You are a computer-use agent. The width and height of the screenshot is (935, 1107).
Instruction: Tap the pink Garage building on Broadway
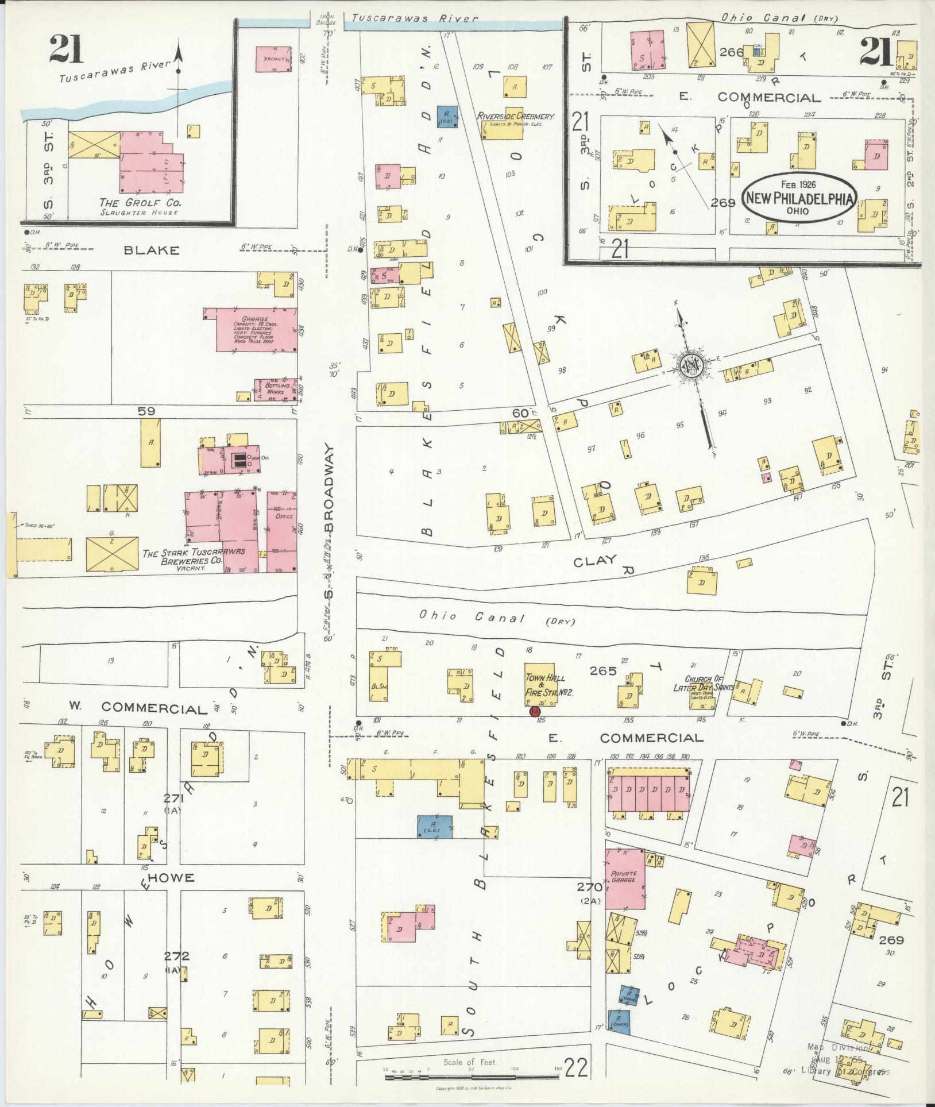(257, 329)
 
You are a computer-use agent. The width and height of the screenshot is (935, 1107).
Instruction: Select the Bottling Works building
(277, 389)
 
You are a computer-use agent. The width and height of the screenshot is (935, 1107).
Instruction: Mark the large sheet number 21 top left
(66, 50)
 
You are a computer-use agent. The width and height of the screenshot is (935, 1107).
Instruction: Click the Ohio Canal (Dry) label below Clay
(497, 619)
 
